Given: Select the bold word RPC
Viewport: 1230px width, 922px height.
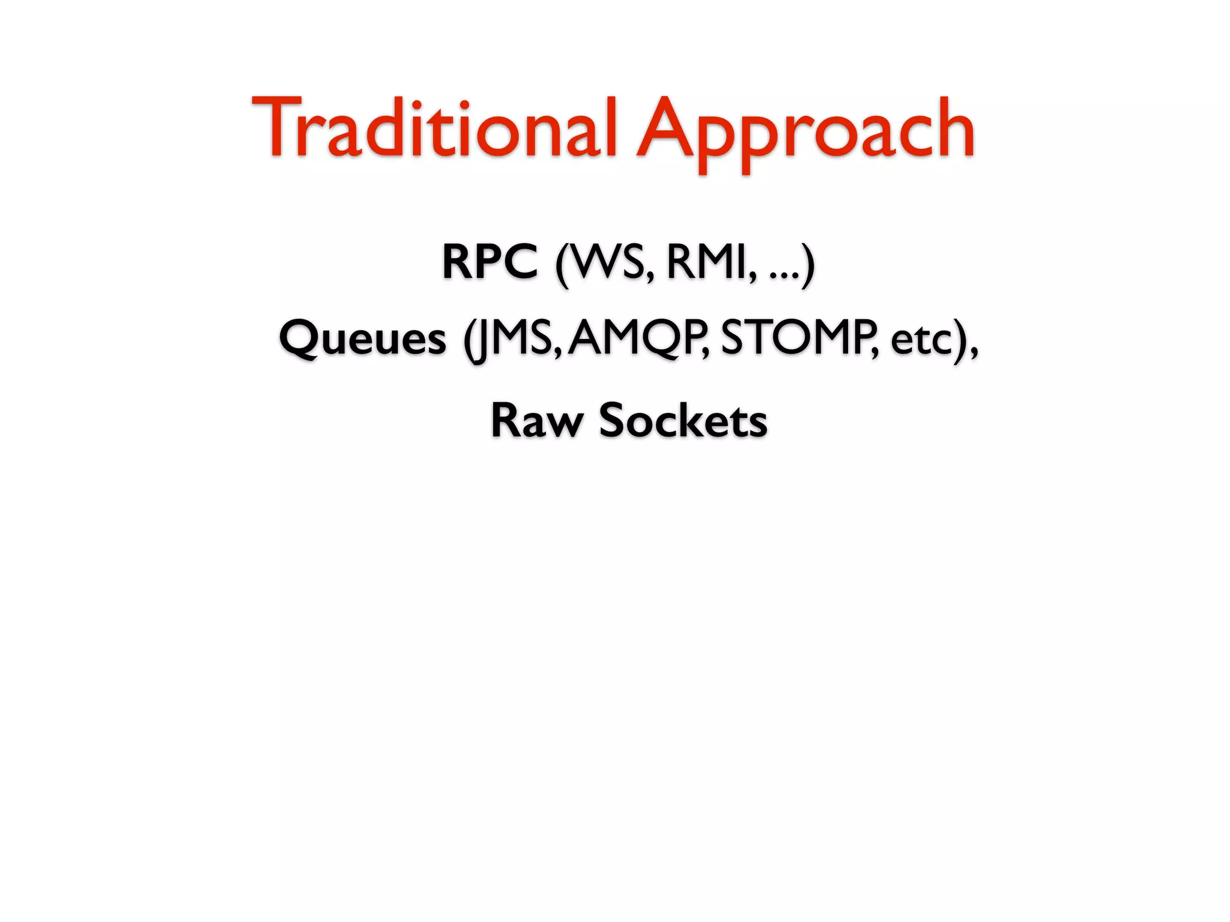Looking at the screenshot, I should pos(489,262).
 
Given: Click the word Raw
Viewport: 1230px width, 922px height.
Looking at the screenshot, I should pos(536,420).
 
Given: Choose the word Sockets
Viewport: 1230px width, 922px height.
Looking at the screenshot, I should pos(683,420).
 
